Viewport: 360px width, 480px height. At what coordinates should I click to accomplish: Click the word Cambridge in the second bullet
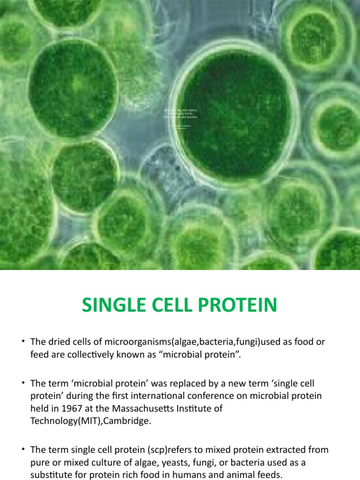click(x=128, y=420)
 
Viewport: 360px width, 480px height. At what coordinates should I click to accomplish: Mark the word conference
click(x=207, y=396)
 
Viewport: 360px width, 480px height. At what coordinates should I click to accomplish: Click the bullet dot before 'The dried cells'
click(x=22, y=342)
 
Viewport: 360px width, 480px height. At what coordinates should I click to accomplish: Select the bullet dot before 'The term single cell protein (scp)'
click(x=22, y=450)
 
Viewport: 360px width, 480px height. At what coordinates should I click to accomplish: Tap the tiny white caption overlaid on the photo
click(x=180, y=115)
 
